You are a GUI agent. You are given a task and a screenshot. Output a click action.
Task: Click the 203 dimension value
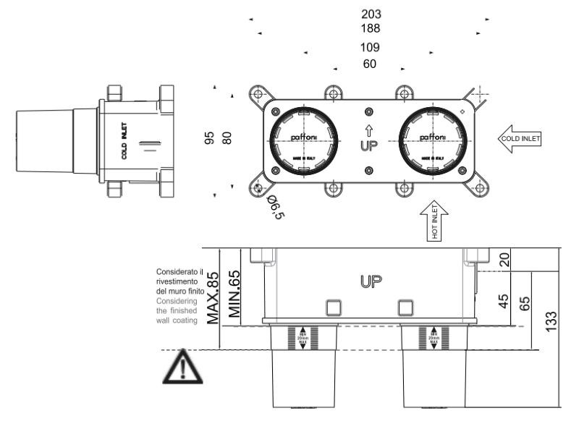pyautogui.click(x=370, y=14)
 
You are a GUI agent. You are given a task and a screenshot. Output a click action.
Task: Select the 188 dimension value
pyautogui.click(x=370, y=29)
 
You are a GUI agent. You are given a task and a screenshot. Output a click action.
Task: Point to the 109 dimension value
pyautogui.click(x=370, y=48)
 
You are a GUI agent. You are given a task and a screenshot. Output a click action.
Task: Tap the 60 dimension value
pyautogui.click(x=370, y=64)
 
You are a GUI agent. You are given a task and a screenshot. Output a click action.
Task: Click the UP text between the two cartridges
pyautogui.click(x=369, y=145)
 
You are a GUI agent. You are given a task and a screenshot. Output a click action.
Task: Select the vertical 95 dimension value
pyautogui.click(x=210, y=137)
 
